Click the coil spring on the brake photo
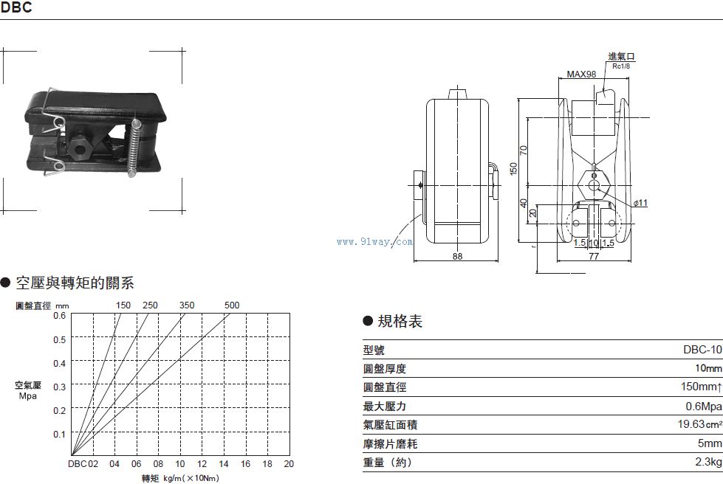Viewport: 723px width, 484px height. (x=134, y=148)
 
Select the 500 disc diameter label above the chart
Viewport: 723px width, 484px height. (x=232, y=305)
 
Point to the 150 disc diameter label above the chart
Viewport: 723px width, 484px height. (x=123, y=305)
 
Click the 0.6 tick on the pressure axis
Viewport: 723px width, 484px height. (x=59, y=316)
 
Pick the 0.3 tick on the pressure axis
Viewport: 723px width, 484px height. (x=59, y=387)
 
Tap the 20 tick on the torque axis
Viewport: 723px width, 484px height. (x=289, y=464)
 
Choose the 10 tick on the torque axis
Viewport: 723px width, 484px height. (x=179, y=464)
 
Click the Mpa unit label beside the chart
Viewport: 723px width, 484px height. (x=28, y=396)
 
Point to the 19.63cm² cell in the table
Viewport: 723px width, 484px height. (x=699, y=425)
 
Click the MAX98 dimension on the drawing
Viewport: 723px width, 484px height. (x=581, y=75)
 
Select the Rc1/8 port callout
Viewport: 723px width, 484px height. (x=620, y=66)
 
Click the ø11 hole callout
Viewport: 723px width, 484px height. (x=640, y=203)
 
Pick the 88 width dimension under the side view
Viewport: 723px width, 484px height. (x=458, y=256)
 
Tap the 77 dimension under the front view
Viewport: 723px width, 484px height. (x=594, y=256)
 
